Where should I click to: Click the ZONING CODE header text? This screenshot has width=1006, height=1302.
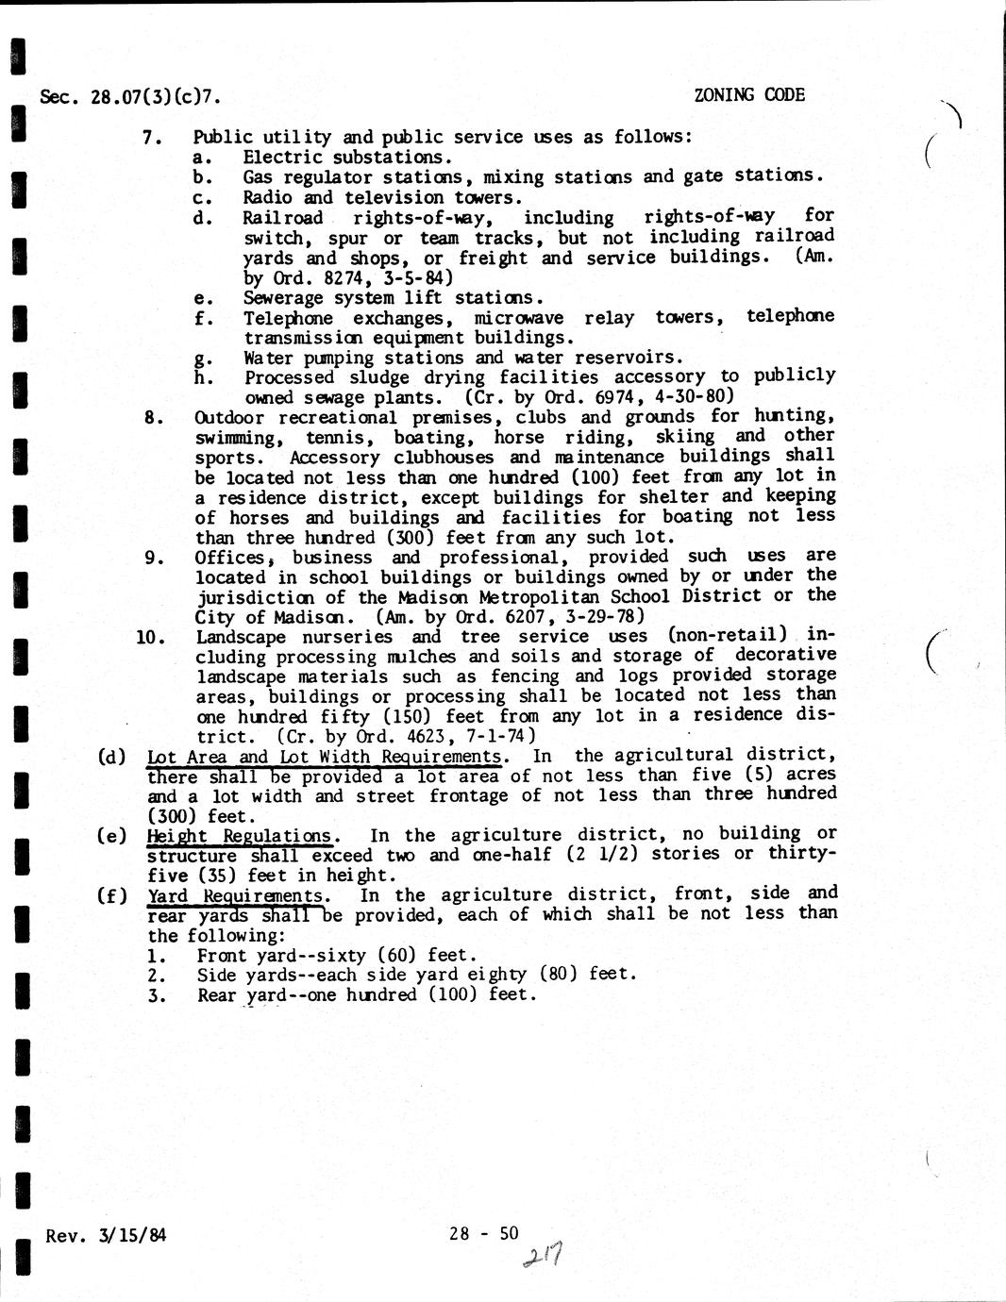[x=748, y=94]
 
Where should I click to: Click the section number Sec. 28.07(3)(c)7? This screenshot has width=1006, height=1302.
[x=131, y=96]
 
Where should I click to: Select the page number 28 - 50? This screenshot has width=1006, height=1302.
[x=484, y=1232]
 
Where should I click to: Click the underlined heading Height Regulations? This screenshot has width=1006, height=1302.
[x=240, y=836]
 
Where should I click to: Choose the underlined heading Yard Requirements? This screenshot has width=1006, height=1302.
[x=237, y=895]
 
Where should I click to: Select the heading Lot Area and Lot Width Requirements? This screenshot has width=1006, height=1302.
[x=324, y=757]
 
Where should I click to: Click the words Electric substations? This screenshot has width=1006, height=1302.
[x=347, y=158]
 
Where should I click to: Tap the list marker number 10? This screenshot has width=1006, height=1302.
[x=151, y=637]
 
